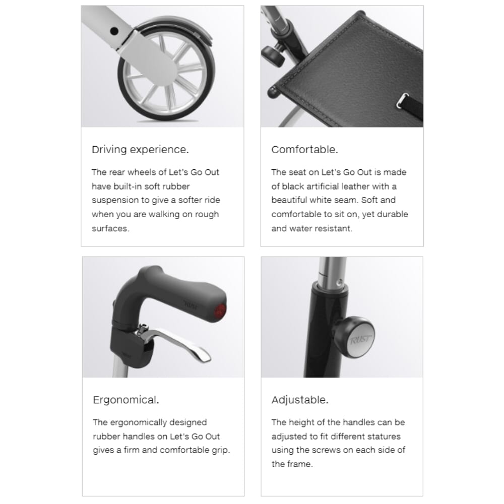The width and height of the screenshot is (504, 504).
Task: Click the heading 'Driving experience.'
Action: pyautogui.click(x=139, y=150)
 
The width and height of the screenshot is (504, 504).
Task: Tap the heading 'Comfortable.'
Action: pyautogui.click(x=304, y=150)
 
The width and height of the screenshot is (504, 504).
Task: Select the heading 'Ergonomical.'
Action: pyautogui.click(x=126, y=400)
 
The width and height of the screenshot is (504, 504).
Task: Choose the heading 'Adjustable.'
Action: pyautogui.click(x=300, y=400)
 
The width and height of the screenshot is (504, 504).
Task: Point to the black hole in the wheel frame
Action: pyautogui.click(x=114, y=31)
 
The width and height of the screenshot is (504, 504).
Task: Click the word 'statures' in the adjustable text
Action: pyautogui.click(x=386, y=436)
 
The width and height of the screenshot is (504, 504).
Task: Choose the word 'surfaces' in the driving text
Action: pyautogui.click(x=109, y=228)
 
